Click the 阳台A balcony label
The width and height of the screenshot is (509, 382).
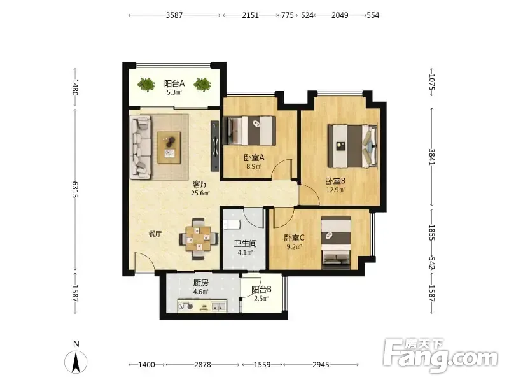pos(174,83)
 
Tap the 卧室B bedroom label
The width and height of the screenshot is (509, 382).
pos(336,181)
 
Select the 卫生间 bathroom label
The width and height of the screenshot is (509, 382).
pos(246,243)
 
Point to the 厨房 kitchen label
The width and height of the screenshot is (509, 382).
pos(200,283)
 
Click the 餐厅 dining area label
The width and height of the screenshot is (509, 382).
pos(155,234)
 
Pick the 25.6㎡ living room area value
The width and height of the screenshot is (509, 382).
pos(200,194)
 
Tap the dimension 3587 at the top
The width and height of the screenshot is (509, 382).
pos(174,15)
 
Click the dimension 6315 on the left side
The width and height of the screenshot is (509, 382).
pos(75,189)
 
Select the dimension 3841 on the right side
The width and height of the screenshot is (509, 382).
pos(432,157)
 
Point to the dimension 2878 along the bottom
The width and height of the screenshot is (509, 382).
pos(202,365)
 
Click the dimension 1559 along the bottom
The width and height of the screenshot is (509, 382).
pos(262,365)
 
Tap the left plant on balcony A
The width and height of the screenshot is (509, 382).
pos(146,85)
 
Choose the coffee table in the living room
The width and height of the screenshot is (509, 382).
pos(169,147)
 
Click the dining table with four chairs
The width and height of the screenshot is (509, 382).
pos(198,239)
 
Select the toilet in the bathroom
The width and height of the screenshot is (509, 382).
pos(232,224)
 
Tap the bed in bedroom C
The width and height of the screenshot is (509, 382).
pos(336,243)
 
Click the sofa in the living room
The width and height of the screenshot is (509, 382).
pos(141,147)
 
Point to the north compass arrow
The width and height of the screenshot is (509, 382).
pos(76,362)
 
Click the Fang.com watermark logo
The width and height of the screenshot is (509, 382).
pos(440,356)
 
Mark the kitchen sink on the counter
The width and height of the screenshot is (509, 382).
pos(218,306)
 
